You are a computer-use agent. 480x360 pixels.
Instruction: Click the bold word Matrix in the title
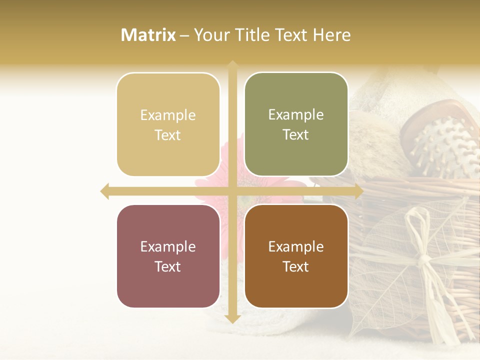[x=148, y=35]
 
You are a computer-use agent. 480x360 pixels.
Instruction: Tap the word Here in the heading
[x=331, y=35]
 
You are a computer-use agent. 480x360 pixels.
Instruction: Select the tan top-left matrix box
[x=168, y=124]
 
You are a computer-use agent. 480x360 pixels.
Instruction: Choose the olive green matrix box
[x=296, y=124]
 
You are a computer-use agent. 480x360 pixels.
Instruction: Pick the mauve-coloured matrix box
[x=168, y=256]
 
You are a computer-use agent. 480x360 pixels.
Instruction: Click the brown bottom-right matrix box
[x=296, y=256]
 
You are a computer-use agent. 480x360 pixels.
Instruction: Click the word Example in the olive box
[x=296, y=115]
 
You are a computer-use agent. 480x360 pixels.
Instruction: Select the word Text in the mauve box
[x=168, y=266]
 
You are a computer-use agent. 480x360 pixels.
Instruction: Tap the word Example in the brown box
[x=296, y=246]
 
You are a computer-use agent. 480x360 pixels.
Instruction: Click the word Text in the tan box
[x=168, y=135]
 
